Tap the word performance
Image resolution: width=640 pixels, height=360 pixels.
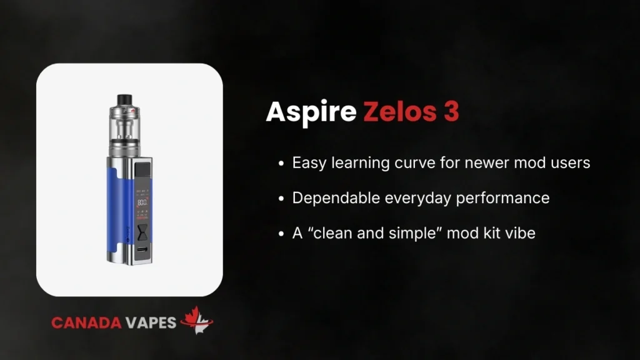point(511,198)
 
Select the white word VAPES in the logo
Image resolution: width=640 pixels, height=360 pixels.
point(153,322)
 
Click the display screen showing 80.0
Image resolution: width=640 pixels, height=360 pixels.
point(142,202)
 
